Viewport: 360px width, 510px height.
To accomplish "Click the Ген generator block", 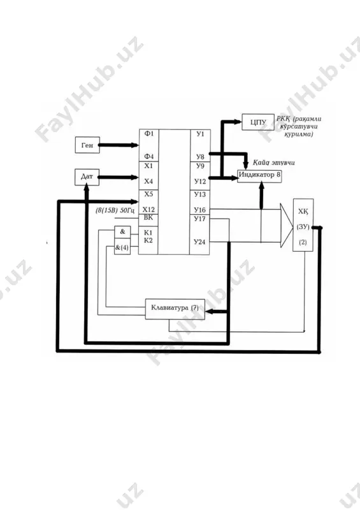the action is pyautogui.click(x=87, y=145).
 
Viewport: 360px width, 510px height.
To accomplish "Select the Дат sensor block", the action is pyautogui.click(x=87, y=177).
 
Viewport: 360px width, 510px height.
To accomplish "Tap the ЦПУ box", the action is pyautogui.click(x=258, y=122).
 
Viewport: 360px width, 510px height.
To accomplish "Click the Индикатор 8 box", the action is pyautogui.click(x=259, y=176).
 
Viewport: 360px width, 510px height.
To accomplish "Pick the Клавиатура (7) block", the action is pyautogui.click(x=175, y=309).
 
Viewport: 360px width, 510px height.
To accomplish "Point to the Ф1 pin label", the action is pyautogui.click(x=148, y=133).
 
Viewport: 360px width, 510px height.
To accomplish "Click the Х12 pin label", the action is pyautogui.click(x=148, y=210).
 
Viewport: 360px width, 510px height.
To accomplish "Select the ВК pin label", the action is pyautogui.click(x=148, y=217).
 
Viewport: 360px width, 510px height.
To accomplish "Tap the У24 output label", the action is pyautogui.click(x=199, y=242).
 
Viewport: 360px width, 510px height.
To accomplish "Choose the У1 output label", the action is pyautogui.click(x=200, y=133).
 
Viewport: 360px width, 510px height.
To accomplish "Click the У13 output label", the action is pyautogui.click(x=199, y=194).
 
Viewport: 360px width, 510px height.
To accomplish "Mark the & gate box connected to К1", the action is pyautogui.click(x=122, y=232).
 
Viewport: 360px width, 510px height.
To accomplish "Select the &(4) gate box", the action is pyautogui.click(x=122, y=248).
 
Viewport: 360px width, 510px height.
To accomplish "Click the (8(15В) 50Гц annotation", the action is pyautogui.click(x=117, y=210).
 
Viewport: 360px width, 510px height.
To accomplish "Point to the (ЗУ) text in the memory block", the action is pyautogui.click(x=303, y=227).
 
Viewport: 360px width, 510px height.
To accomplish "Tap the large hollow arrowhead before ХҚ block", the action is pyautogui.click(x=287, y=226).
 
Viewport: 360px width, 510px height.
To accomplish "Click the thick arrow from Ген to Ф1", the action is pyautogui.click(x=119, y=145).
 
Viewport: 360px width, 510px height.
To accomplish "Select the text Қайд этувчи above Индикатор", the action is pyautogui.click(x=274, y=163).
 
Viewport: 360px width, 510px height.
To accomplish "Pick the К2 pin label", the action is pyautogui.click(x=148, y=241).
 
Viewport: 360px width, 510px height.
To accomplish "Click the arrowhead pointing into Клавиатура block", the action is pyautogui.click(x=210, y=312).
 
